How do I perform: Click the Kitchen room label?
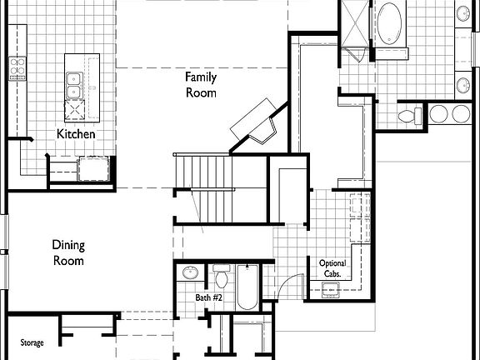(76, 134)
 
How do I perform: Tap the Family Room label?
(200, 85)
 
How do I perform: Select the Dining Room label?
(68, 252)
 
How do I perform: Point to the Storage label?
(32, 342)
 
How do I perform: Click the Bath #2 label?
(207, 297)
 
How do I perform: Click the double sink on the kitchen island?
(73, 83)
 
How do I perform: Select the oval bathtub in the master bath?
(390, 22)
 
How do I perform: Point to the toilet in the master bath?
(408, 114)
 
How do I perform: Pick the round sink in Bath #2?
(190, 272)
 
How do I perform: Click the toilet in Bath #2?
(221, 274)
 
